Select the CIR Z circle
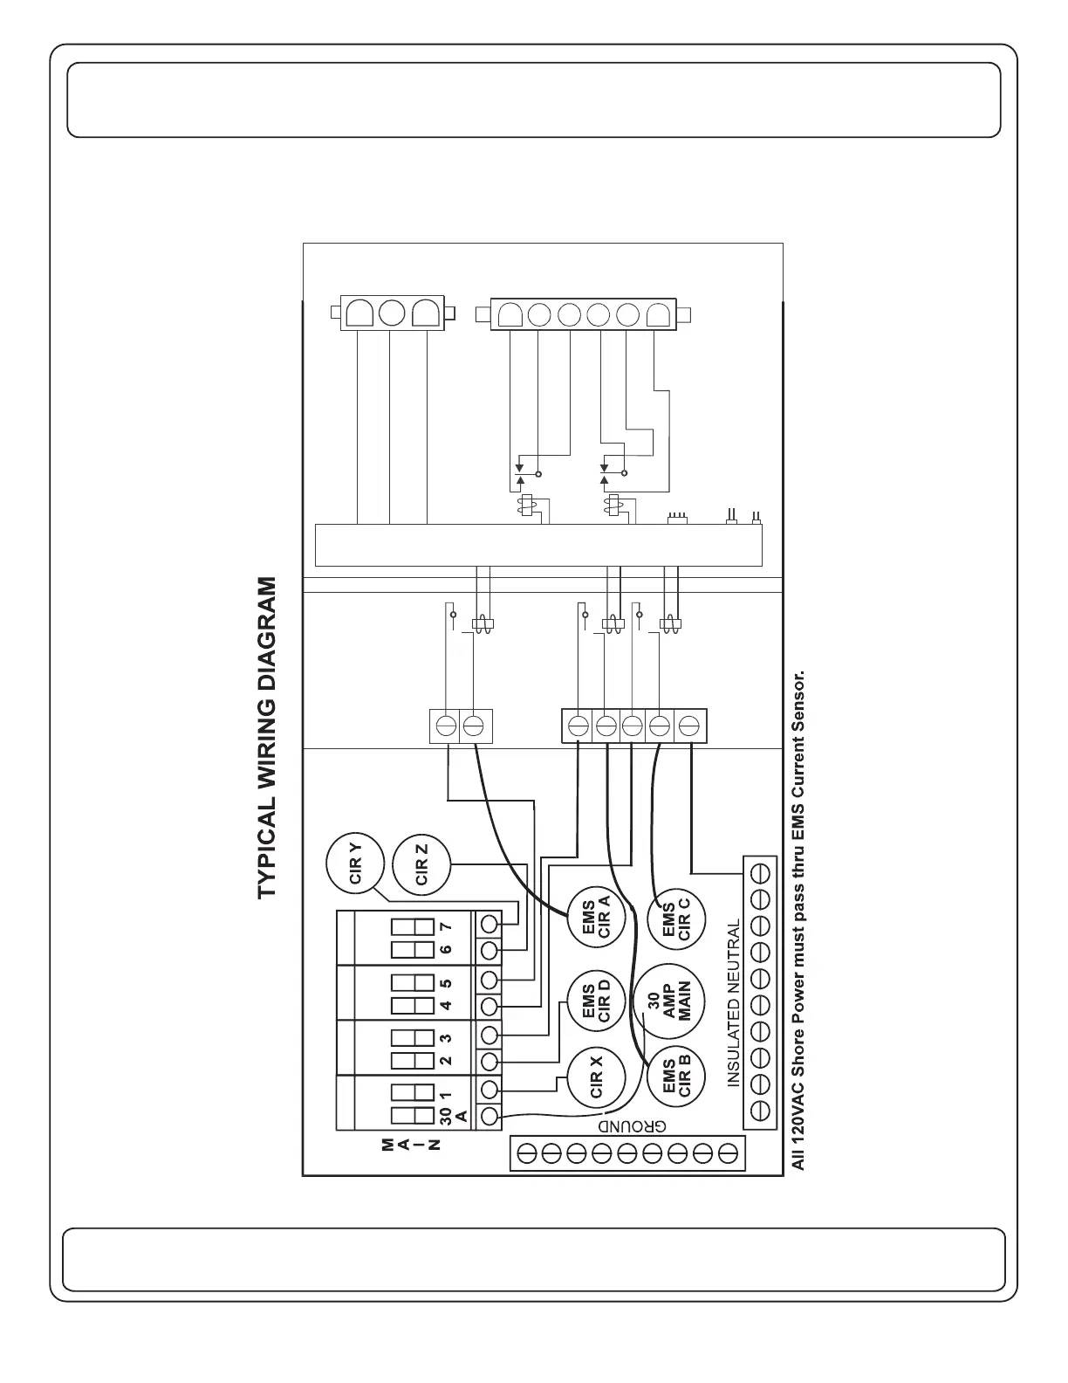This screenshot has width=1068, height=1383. tap(422, 864)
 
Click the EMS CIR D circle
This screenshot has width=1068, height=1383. tap(597, 1001)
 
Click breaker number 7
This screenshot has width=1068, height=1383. tap(446, 925)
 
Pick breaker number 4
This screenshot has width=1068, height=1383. tap(446, 1005)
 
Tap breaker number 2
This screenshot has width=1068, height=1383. tap(446, 1060)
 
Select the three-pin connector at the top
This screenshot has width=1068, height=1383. tap(393, 313)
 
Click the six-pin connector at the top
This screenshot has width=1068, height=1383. tap(583, 313)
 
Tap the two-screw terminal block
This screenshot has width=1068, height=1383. tap(461, 726)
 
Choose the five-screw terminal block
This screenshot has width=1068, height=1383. tap(633, 726)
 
